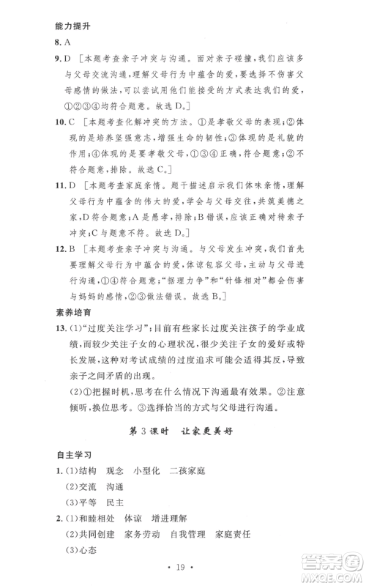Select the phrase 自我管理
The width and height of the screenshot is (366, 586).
point(190,555)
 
